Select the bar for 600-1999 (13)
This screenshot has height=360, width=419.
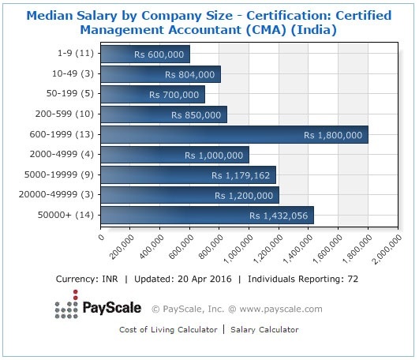click(x=234, y=134)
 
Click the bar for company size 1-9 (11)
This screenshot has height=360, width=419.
click(x=146, y=54)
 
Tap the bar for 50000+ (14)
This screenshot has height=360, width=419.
click(x=208, y=215)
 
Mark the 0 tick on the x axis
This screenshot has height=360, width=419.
click(x=102, y=234)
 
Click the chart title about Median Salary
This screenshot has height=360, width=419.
click(x=209, y=22)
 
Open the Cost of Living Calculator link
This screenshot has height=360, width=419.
click(x=166, y=329)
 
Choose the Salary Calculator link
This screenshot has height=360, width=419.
click(x=265, y=329)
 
